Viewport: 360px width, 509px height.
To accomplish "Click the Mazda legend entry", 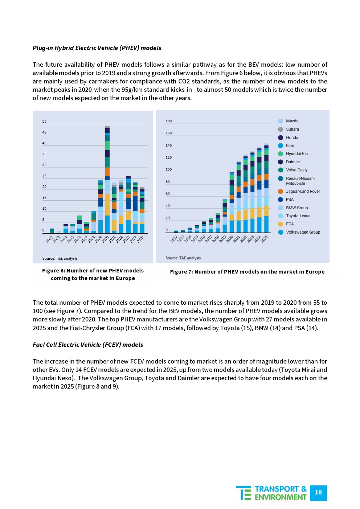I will pos(292,121).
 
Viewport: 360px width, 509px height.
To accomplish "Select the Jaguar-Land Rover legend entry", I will pos(303,191).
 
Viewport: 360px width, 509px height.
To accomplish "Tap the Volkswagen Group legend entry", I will pos(303,232).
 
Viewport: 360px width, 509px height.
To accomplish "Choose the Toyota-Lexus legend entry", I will pos(298,216).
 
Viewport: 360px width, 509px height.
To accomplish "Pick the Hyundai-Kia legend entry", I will pos(296,154).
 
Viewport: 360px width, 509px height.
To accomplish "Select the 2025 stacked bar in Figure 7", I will pos(266,189).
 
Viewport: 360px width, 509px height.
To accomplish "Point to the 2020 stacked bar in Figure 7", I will pos(232,203).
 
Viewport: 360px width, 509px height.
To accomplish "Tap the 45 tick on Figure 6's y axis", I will pos(44,132).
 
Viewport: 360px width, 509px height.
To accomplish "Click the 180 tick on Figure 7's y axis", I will pos(169,121).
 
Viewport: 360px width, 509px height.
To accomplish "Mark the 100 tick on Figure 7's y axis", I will pos(169,170).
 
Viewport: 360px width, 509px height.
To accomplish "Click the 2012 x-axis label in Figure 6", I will pos(50,239).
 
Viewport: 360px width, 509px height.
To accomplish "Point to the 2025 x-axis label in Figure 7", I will pos(264,239).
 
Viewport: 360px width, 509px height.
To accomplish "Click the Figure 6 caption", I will pos(93,275).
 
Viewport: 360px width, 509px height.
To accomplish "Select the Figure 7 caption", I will pos(247,272).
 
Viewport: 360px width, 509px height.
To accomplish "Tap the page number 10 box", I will pos(318,493).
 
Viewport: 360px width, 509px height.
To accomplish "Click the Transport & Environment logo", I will pos(271,493).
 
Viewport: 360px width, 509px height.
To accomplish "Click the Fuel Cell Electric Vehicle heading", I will pos(88,345).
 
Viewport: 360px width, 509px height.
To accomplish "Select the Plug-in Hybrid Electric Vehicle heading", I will pos(97,48).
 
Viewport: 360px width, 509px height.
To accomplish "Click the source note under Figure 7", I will pos(183,258).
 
